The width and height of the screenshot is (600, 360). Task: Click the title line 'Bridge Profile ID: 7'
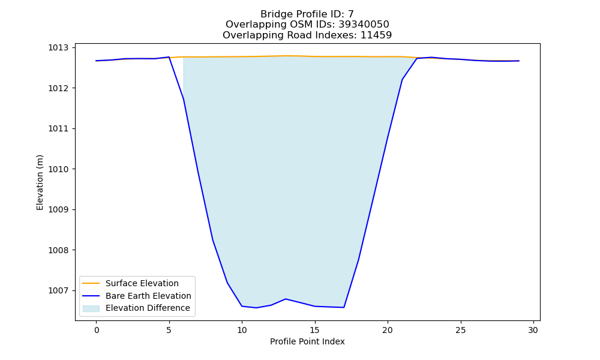[307, 14]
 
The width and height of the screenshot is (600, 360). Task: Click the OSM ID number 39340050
[364, 25]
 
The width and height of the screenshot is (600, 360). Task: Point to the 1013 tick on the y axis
[58, 48]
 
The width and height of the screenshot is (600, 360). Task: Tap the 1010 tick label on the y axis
[58, 169]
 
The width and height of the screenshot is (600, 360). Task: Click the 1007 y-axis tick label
[58, 291]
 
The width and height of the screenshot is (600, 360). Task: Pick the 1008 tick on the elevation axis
[58, 250]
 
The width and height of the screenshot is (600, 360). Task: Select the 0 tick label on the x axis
[96, 330]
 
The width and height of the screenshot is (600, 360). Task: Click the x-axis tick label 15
[314, 330]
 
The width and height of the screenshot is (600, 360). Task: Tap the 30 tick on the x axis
[533, 330]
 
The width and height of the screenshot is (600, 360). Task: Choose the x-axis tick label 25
[461, 330]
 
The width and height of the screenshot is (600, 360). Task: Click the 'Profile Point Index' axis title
[307, 341]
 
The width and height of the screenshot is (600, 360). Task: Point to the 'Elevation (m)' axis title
[40, 182]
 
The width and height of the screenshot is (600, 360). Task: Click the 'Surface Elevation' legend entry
[142, 283]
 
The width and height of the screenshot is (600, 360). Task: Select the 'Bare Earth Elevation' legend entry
[148, 296]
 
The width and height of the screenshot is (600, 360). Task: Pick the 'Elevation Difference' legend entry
[148, 308]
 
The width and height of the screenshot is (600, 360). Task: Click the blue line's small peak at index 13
[286, 299]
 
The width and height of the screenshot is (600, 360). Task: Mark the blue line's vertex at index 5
[169, 57]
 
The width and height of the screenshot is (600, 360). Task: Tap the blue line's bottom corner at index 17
[344, 307]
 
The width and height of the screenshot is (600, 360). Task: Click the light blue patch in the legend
[91, 308]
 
